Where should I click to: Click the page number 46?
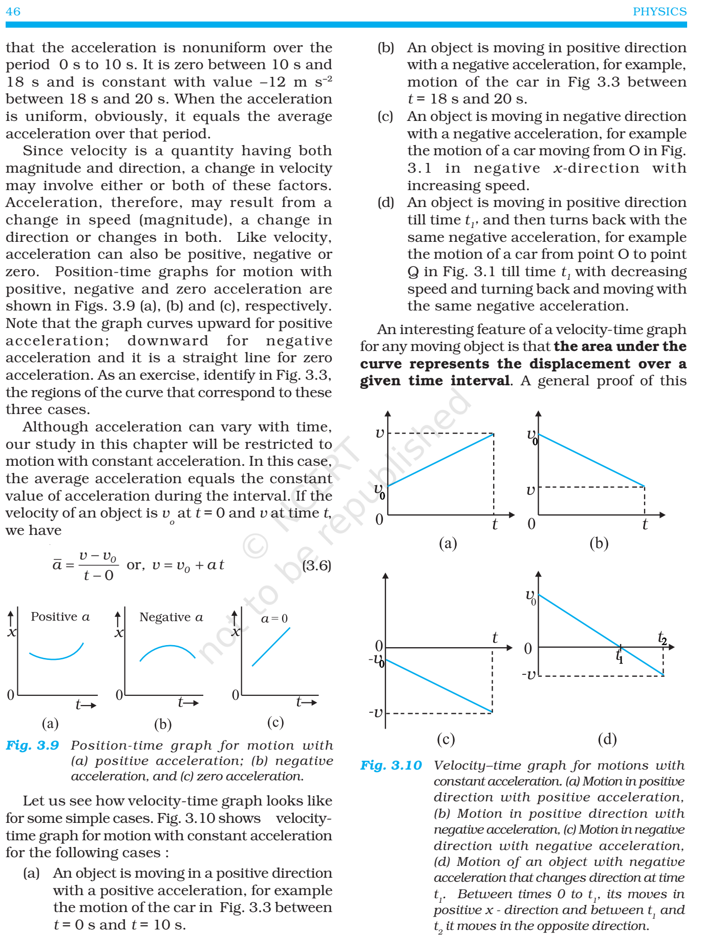point(13,11)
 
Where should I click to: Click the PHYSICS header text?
point(659,11)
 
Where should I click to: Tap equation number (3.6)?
point(316,566)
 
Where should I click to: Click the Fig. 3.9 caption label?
point(32,745)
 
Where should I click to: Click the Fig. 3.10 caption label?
point(391,765)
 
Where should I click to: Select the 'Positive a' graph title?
point(60,616)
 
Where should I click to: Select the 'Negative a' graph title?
point(171,617)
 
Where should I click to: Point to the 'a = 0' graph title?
point(274,618)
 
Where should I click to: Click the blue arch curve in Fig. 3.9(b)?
point(168,647)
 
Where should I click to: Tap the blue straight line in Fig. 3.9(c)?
point(271,646)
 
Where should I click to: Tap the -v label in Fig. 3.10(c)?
point(376,712)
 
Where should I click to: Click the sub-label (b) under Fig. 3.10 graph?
point(599,543)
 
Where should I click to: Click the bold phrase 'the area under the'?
point(620,346)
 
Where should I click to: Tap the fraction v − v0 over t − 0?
point(98,566)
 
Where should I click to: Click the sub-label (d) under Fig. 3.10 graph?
point(607,738)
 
